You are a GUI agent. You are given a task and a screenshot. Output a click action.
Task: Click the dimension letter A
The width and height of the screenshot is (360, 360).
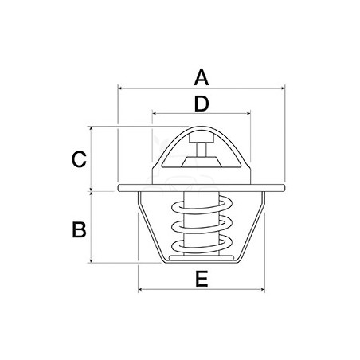tap(202, 77)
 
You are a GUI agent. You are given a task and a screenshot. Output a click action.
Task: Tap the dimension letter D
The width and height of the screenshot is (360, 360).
tap(202, 104)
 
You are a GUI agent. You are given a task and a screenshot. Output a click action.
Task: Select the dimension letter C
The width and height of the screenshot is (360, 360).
tap(79, 159)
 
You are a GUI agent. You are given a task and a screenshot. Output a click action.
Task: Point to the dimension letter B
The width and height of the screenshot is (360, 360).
tap(79, 229)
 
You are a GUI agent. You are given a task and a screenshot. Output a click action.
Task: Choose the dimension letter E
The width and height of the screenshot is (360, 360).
tap(202, 279)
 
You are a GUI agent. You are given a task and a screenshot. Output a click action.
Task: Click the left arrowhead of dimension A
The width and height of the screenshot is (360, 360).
tap(119, 88)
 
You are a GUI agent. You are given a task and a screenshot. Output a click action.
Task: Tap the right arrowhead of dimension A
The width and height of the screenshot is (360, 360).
tap(283, 88)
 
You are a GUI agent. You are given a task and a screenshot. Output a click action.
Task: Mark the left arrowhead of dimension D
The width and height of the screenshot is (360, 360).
tap(155, 114)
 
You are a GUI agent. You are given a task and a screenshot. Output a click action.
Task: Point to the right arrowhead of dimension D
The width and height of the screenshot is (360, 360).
tap(248, 114)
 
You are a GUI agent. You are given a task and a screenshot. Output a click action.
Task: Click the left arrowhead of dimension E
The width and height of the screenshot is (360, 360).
tap(141, 289)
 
